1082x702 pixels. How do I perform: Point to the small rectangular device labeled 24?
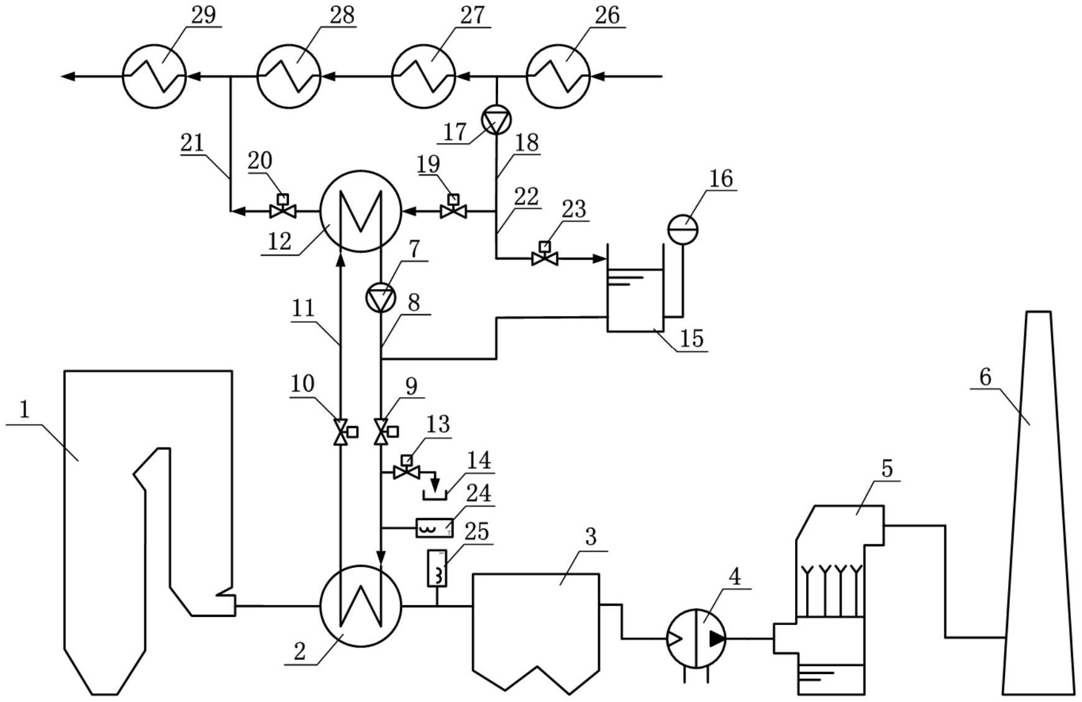click(434, 528)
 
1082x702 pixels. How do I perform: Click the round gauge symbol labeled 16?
click(683, 230)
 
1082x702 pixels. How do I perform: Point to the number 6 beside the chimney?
click(985, 376)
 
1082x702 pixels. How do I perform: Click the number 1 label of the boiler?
click(25, 410)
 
